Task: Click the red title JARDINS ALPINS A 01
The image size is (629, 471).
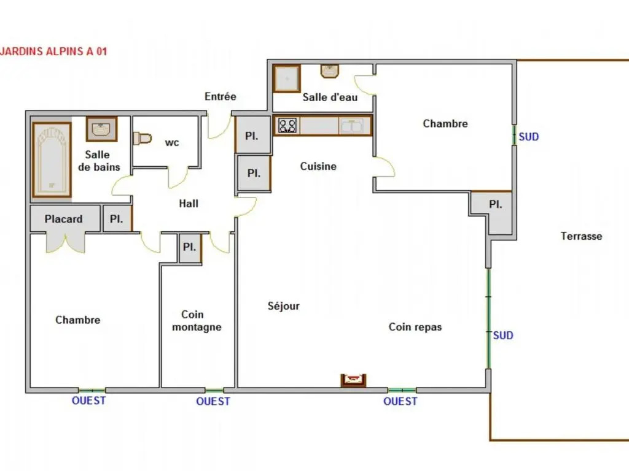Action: click(54, 52)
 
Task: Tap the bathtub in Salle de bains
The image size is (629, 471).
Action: click(52, 159)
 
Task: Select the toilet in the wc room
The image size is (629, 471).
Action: click(142, 139)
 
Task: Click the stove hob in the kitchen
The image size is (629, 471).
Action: click(287, 125)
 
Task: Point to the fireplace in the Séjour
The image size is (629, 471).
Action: click(353, 380)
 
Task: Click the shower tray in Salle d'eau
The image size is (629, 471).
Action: click(287, 78)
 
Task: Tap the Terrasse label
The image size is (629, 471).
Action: click(581, 236)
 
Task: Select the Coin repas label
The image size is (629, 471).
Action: click(415, 327)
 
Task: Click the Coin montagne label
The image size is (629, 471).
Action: click(197, 320)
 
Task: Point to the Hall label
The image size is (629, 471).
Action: click(189, 204)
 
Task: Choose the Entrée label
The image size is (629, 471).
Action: click(221, 96)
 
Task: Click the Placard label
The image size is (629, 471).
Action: click(63, 219)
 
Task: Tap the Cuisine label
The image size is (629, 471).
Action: click(318, 166)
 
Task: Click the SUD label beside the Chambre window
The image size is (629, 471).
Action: click(529, 137)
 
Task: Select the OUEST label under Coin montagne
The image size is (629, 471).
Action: click(213, 401)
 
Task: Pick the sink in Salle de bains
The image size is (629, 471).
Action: click(102, 129)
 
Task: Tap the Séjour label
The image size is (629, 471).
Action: click(284, 306)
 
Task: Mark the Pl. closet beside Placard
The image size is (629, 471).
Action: click(117, 219)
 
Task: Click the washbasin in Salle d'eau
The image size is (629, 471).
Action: click(330, 71)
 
